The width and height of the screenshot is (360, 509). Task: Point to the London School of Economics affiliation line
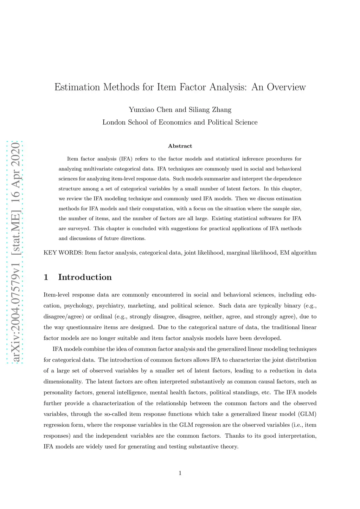click(180, 122)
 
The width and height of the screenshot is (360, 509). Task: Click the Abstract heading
click(180, 146)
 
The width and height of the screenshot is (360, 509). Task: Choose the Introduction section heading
click(85, 277)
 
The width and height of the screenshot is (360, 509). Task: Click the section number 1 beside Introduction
click(46, 277)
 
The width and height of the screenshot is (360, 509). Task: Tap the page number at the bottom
click(180, 473)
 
